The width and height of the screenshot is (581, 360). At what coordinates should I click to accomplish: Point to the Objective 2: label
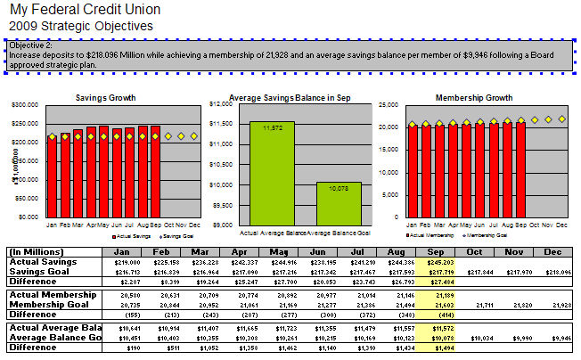[31, 44]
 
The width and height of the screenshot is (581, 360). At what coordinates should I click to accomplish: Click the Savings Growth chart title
[105, 96]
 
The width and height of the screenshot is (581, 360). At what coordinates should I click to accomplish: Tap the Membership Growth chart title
[472, 96]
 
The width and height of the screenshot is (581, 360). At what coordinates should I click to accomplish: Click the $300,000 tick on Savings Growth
[25, 104]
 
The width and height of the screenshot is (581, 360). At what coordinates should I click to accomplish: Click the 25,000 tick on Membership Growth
[390, 104]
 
